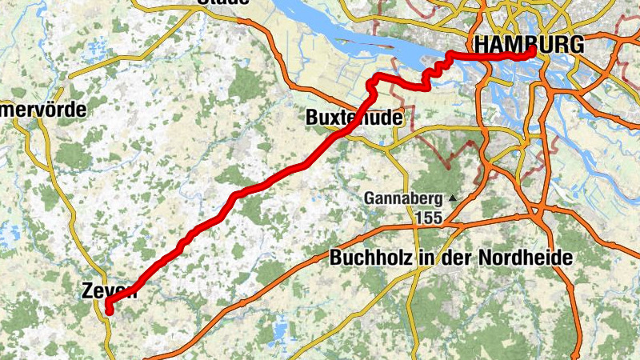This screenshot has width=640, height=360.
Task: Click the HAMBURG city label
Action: point(529,45)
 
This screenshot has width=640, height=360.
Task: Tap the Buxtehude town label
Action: point(354,118)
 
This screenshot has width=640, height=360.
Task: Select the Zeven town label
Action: point(110,292)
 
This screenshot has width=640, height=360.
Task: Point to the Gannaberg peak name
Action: point(404,198)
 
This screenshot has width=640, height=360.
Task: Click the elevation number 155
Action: point(428,216)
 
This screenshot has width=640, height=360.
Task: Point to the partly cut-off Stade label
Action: point(222,2)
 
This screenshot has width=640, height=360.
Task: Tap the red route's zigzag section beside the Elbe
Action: point(433,73)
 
